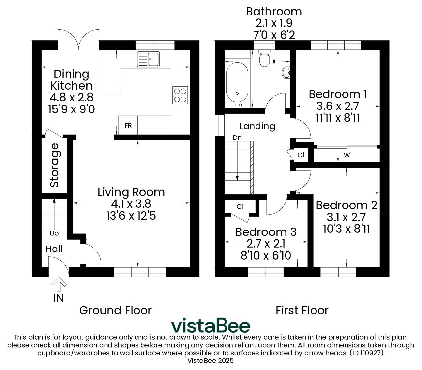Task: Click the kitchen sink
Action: click(148, 59)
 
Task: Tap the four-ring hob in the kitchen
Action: click(180, 95)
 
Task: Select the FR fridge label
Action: click(128, 125)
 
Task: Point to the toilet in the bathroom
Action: click(264, 58)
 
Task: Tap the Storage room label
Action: click(55, 165)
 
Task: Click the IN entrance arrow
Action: click(59, 284)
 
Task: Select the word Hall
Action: click(54, 249)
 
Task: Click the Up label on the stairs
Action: click(54, 234)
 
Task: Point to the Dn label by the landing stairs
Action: click(237, 138)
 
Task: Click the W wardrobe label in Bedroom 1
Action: click(347, 155)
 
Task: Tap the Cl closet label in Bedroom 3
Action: click(240, 206)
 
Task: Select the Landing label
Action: click(257, 126)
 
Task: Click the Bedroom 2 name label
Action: click(347, 205)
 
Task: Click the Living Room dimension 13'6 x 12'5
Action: click(131, 216)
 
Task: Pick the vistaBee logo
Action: click(211, 325)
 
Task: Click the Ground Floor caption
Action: click(115, 310)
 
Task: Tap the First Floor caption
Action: click(302, 310)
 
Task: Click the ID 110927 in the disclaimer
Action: click(367, 353)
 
